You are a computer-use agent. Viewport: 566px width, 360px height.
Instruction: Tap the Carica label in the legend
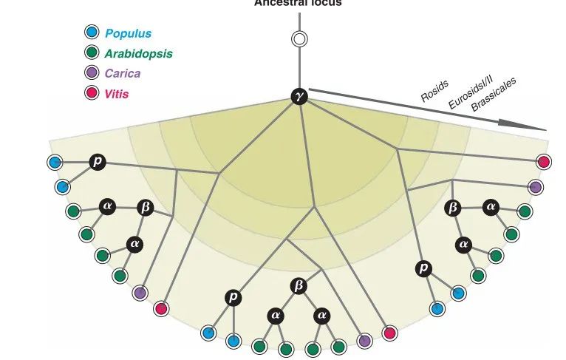[x=122, y=73]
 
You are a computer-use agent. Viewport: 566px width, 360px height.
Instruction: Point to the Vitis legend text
[x=117, y=94]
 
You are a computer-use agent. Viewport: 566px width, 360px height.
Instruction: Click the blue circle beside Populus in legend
[x=91, y=32]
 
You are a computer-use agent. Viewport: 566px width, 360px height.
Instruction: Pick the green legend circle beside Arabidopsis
[x=91, y=52]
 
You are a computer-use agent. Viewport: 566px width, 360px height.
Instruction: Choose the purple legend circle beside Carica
[x=91, y=72]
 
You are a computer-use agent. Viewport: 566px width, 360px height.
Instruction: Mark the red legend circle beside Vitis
[x=91, y=93]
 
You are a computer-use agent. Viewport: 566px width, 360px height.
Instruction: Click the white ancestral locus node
[x=299, y=39]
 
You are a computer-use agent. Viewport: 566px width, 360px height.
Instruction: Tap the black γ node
[x=299, y=97]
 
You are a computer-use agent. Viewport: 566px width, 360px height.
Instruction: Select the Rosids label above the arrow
[x=434, y=92]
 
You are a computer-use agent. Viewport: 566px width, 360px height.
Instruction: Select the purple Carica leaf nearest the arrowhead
[x=536, y=187]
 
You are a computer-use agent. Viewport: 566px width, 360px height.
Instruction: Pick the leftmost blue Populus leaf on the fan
[x=54, y=162]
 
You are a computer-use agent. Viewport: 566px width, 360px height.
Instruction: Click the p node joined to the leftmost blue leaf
[x=97, y=162]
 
